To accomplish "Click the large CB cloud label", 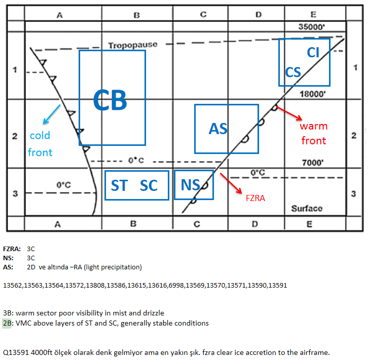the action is tap(110, 100).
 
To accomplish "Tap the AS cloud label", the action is tap(218, 129).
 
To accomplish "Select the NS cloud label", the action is tap(191, 185).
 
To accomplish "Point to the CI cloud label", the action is tap(313, 52).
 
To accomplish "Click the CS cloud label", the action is tap(293, 72).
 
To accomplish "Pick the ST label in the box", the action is tap(120, 185).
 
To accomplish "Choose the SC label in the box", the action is tap(149, 185).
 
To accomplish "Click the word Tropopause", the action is tap(133, 45).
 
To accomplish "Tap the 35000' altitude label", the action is tap(312, 27).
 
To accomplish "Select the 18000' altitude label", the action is tap(313, 94).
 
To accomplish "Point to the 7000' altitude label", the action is tap(313, 163).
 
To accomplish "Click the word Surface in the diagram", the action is tap(307, 209).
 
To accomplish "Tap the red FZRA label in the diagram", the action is tap(255, 198).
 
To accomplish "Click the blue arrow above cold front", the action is tap(52, 114).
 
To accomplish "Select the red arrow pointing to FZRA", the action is tap(231, 183).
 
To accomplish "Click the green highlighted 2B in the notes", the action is tap(7, 323).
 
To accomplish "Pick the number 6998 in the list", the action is tap(176, 285).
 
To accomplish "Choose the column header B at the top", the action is tap(137, 15).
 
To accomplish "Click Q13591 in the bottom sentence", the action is tap(16, 352).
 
